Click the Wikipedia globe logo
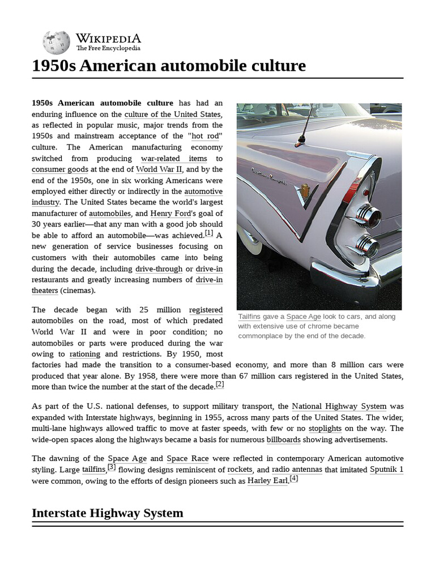tap(56, 42)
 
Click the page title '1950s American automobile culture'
tap(169, 66)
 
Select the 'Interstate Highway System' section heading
tap(108, 513)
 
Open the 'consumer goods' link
tap(59, 169)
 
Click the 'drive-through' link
tap(159, 269)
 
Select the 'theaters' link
tap(45, 291)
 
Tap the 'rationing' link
tap(84, 355)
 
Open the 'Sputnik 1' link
tap(386, 470)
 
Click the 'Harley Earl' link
tap(267, 481)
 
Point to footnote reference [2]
tap(220, 385)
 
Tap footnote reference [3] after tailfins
tap(112, 467)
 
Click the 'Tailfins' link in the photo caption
tap(249, 317)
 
